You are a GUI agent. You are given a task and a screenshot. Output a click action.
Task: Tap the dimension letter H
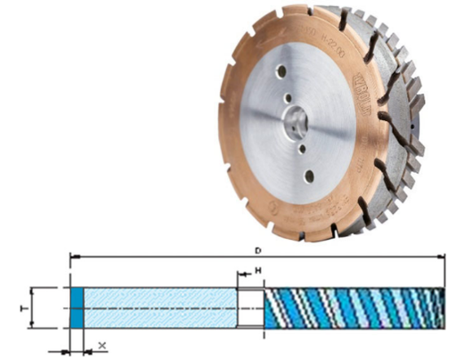[256, 269]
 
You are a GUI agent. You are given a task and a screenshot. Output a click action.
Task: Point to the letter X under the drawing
[102, 344]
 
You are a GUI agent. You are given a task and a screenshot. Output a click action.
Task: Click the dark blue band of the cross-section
[77, 307]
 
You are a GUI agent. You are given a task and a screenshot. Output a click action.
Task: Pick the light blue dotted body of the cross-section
[160, 307]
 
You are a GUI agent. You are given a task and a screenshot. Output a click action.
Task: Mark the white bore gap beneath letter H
[250, 307]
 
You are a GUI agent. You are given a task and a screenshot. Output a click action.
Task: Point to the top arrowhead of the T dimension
[32, 290]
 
